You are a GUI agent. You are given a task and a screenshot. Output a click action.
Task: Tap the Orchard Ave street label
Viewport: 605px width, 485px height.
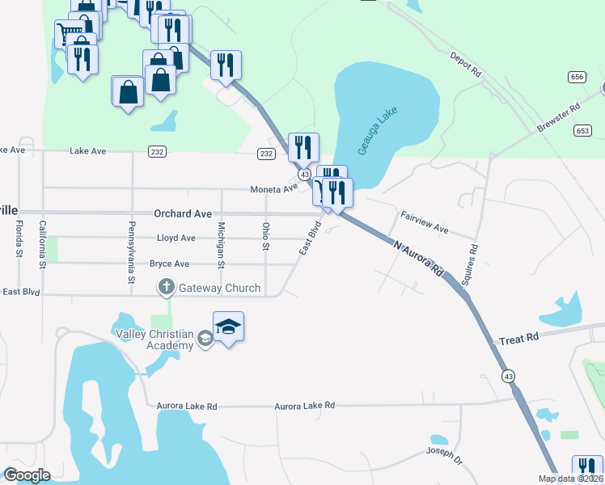tap(183, 214)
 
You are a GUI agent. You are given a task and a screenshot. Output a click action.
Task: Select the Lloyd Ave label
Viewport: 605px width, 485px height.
tap(176, 238)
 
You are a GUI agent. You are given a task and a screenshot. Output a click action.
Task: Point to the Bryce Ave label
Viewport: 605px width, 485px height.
tap(169, 264)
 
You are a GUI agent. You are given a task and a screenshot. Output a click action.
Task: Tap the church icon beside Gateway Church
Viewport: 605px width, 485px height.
tap(167, 287)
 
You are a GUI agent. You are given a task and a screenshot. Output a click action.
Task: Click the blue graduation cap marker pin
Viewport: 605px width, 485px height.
tap(228, 327)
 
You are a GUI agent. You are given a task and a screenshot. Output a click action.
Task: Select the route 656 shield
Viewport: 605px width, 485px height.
tap(577, 77)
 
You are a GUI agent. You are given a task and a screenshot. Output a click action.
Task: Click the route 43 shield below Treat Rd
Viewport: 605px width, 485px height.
tap(508, 376)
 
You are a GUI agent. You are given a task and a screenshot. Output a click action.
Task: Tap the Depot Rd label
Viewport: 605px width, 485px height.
tap(465, 64)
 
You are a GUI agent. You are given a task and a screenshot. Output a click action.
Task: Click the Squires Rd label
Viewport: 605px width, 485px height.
tap(468, 265)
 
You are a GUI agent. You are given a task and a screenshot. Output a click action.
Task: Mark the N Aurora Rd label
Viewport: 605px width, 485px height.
tap(417, 256)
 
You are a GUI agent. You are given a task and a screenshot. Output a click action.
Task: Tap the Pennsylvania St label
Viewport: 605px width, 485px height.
tap(131, 251)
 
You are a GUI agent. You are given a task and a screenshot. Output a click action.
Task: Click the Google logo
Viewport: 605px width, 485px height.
tap(27, 475)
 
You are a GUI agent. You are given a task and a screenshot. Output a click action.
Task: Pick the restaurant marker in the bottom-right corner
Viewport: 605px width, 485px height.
tap(587, 470)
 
